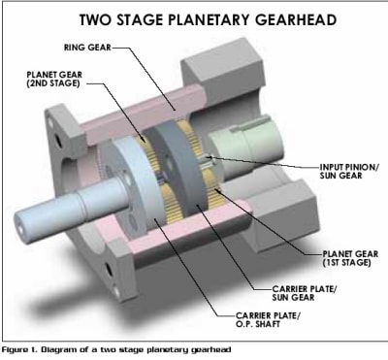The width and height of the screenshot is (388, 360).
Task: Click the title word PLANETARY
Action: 210,19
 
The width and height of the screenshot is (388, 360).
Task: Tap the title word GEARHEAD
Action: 296,19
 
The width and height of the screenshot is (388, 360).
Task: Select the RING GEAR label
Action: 87,48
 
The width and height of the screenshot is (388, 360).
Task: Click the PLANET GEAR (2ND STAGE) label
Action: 54,79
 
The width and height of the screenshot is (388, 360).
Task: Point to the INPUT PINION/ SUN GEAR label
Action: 349,172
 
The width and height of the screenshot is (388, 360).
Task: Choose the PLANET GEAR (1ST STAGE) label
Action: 350,258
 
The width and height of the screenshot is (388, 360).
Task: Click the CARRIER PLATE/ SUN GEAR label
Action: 305,293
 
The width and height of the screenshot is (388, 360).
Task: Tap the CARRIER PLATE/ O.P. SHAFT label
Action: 268,319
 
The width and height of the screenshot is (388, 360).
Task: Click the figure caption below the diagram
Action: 116,349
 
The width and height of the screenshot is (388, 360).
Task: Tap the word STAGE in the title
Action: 141,19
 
